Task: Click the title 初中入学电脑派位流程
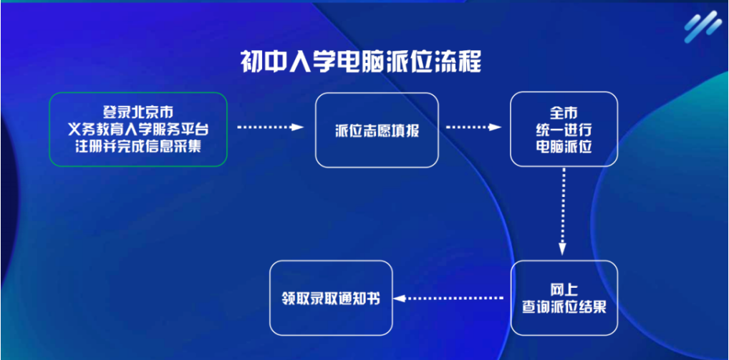pos(360,62)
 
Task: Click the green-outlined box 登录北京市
pos(138,130)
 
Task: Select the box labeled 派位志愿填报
pos(377,130)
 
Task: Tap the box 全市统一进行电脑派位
pos(564,130)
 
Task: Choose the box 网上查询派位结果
pos(564,298)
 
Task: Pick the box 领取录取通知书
pos(331,298)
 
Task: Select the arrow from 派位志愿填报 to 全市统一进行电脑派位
pos(473,128)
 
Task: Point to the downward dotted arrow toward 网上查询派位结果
pos(563,211)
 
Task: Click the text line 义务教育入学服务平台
pos(138,130)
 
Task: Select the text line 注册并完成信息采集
pos(138,147)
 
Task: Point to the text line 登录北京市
pos(138,112)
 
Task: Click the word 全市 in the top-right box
pos(564,112)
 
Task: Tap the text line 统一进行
pos(564,130)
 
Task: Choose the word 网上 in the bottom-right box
pos(564,289)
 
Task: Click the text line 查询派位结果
pos(564,307)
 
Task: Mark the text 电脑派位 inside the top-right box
pos(564,147)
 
